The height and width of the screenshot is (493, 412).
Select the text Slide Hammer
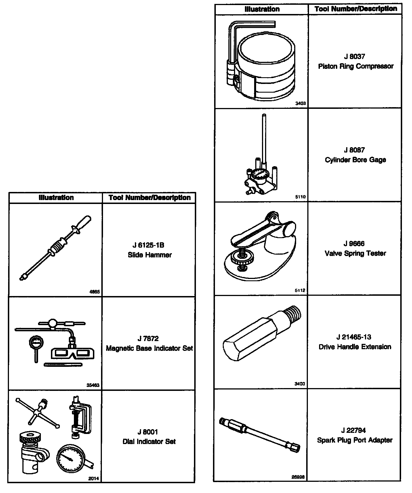coord(149,255)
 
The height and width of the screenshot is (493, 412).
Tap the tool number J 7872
coord(148,339)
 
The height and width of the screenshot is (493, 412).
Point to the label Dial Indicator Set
coord(149,442)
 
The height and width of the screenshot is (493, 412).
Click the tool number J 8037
coord(354,57)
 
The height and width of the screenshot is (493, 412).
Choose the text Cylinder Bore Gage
coord(355,160)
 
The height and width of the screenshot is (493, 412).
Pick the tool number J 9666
coord(354,244)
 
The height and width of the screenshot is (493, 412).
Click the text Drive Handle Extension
coord(355,347)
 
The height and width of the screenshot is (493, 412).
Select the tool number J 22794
coord(354,430)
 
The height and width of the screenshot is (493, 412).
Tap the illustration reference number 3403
coord(300,104)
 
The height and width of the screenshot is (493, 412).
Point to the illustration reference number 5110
coord(300,197)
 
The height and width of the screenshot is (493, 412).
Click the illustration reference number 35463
coord(93,385)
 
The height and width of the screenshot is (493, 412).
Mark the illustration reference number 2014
coord(93,479)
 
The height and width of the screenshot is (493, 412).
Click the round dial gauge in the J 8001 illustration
coord(69,459)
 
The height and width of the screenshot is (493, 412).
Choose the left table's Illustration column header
coord(56,198)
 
